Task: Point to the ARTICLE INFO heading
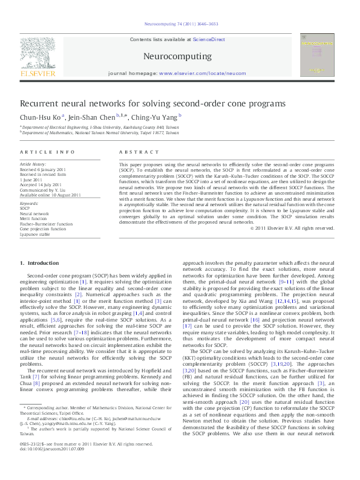click(48, 152)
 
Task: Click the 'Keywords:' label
click(30, 204)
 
